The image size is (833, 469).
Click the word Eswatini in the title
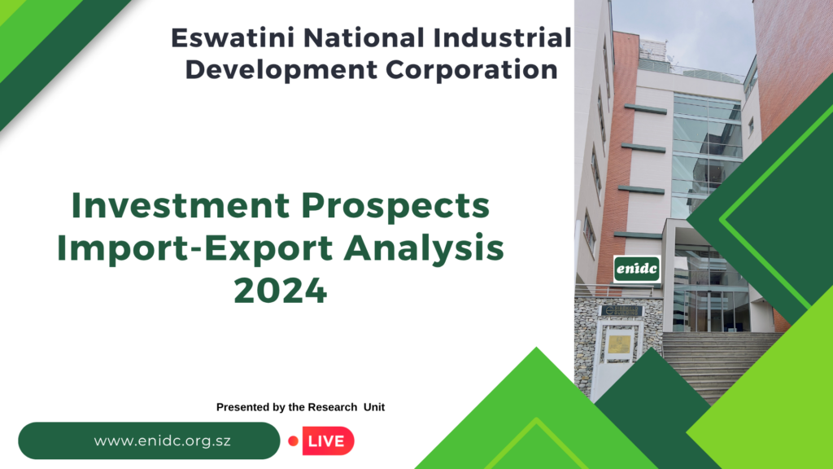pyautogui.click(x=233, y=38)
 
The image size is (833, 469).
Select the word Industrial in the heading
pyautogui.click(x=502, y=38)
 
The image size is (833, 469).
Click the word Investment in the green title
pyautogui.click(x=181, y=205)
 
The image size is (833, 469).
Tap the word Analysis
pyautogui.click(x=424, y=249)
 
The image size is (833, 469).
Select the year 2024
pyautogui.click(x=281, y=291)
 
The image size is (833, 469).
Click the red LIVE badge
pyautogui.click(x=328, y=441)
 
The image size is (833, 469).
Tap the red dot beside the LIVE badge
pyautogui.click(x=293, y=441)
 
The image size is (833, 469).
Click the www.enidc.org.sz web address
pyautogui.click(x=163, y=441)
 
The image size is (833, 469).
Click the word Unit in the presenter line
pyautogui.click(x=374, y=407)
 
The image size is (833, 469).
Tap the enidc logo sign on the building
pyautogui.click(x=637, y=269)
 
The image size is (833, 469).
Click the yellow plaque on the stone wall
pyautogui.click(x=619, y=344)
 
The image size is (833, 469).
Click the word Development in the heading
pyautogui.click(x=281, y=71)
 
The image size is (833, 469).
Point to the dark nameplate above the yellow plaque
pyautogui.click(x=621, y=310)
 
